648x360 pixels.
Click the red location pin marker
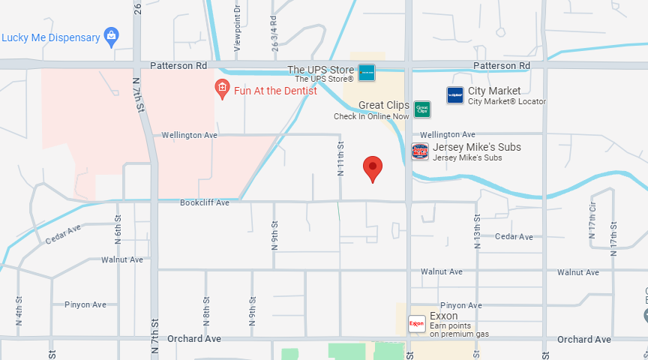pyautogui.click(x=373, y=168)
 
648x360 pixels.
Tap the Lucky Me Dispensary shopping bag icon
pyautogui.click(x=112, y=36)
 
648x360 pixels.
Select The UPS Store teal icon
pyautogui.click(x=366, y=73)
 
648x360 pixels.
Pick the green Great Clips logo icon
pyautogui.click(x=422, y=109)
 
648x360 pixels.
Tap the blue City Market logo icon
pyautogui.click(x=454, y=94)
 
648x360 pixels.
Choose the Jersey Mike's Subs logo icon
pyautogui.click(x=420, y=151)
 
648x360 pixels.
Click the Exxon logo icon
pyautogui.click(x=416, y=324)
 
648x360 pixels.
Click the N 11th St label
pyautogui.click(x=340, y=158)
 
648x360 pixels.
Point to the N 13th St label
pyautogui.click(x=476, y=227)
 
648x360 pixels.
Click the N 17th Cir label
pyautogui.click(x=592, y=223)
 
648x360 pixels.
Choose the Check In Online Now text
pyautogui.click(x=371, y=116)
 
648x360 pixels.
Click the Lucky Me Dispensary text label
pyautogui.click(x=51, y=37)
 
